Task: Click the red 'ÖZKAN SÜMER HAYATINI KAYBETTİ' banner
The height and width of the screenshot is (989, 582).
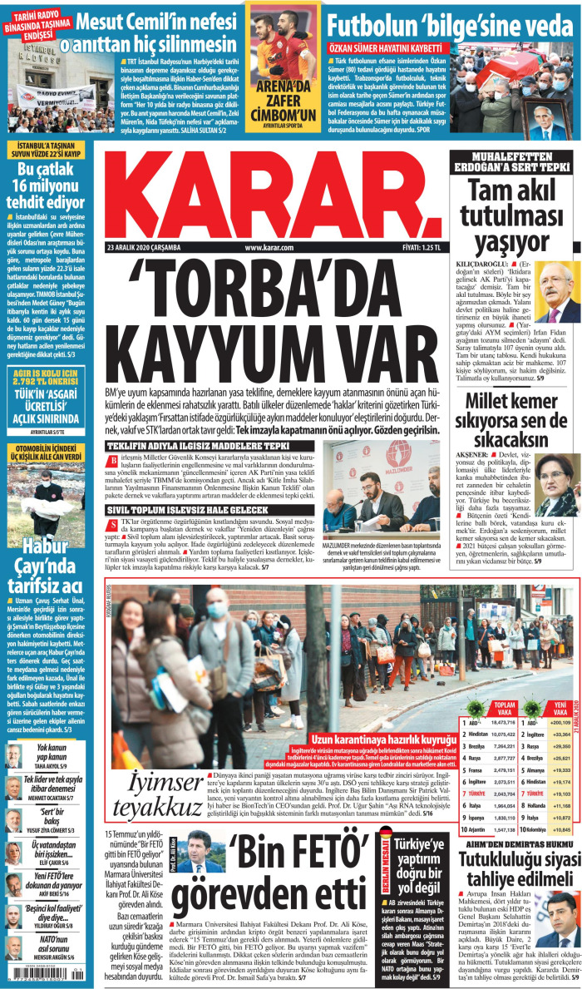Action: pyautogui.click(x=391, y=47)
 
